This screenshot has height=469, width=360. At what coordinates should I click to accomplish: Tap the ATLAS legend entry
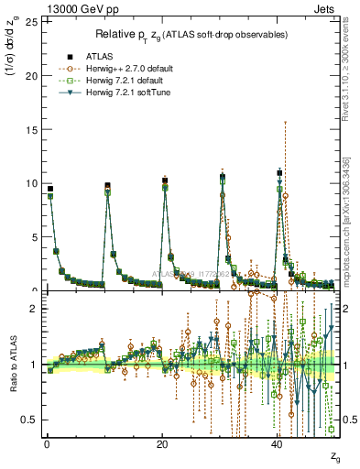89,57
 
